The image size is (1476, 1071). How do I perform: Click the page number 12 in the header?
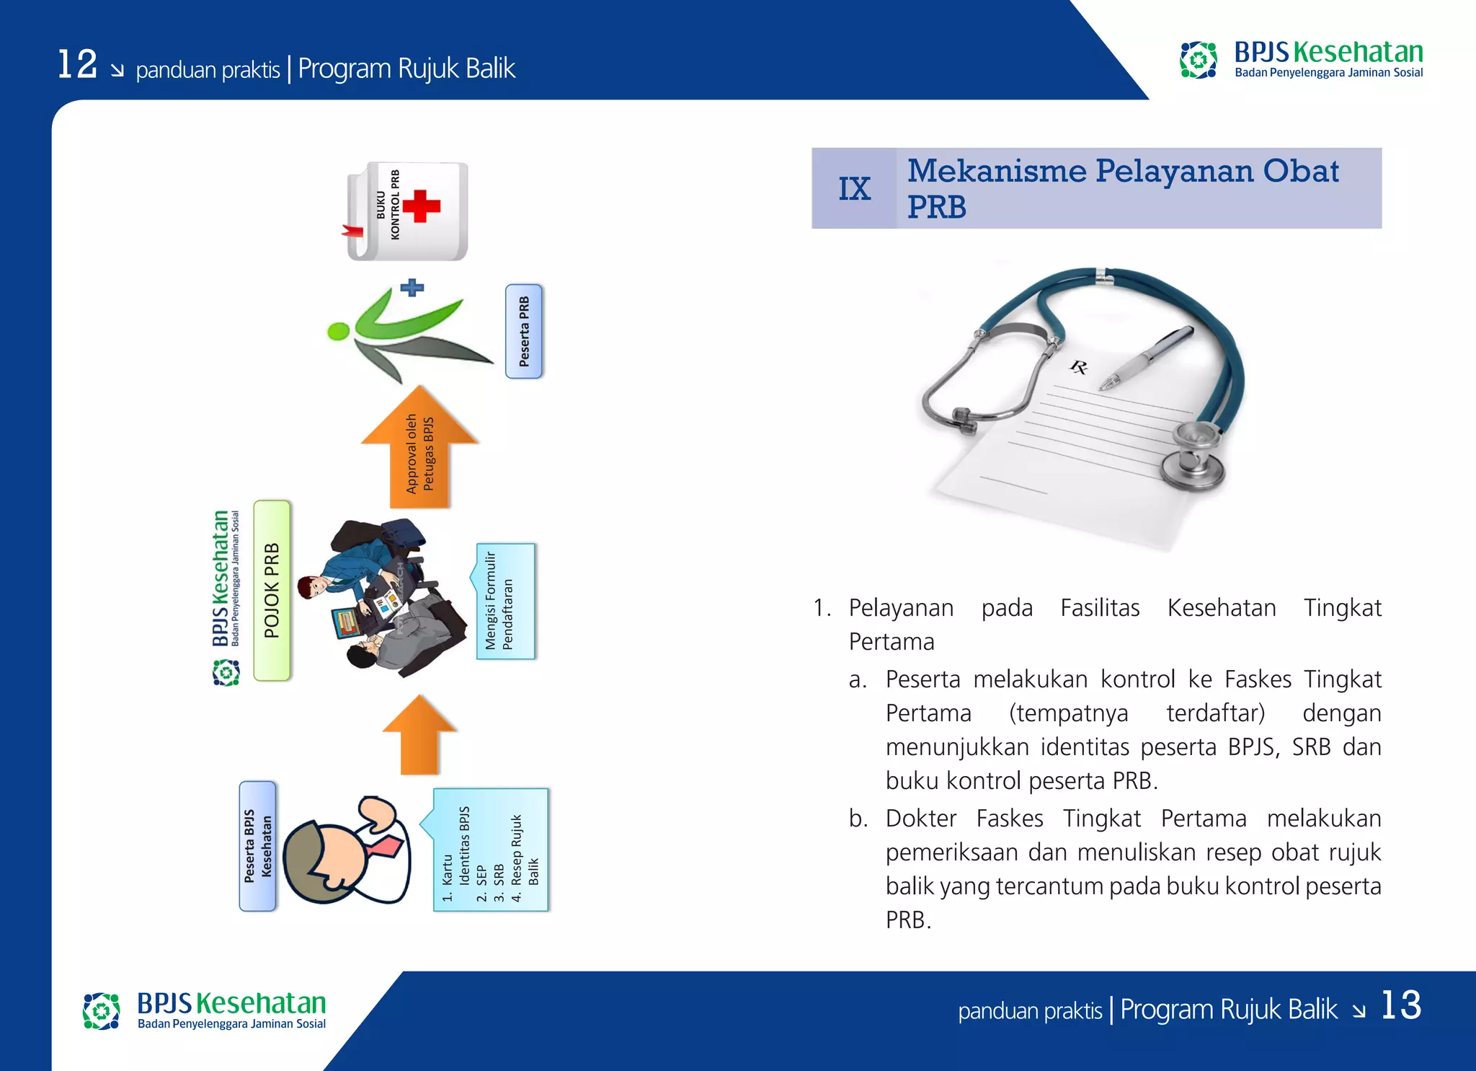(77, 64)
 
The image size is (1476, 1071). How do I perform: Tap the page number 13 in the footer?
(1400, 1005)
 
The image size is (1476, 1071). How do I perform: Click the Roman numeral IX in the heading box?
(854, 189)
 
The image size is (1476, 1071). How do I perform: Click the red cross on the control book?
(422, 206)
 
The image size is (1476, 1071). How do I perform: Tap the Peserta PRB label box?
(524, 331)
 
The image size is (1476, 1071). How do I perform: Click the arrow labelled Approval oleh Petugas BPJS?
(419, 451)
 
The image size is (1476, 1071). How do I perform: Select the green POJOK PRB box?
(272, 591)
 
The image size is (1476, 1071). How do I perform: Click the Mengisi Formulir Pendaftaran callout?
(505, 601)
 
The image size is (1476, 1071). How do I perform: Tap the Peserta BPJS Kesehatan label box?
(257, 846)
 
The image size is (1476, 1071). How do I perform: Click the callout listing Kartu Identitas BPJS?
(490, 850)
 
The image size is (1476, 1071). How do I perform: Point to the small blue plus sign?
(412, 288)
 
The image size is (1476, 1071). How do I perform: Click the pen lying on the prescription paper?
(1146, 358)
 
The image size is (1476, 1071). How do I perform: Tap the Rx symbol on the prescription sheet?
(1078, 368)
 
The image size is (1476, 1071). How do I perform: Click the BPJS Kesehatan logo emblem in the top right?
(1198, 60)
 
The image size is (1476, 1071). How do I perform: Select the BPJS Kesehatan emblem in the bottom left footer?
(101, 1010)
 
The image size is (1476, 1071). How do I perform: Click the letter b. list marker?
(858, 819)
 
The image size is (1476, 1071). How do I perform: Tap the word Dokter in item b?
(920, 819)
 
